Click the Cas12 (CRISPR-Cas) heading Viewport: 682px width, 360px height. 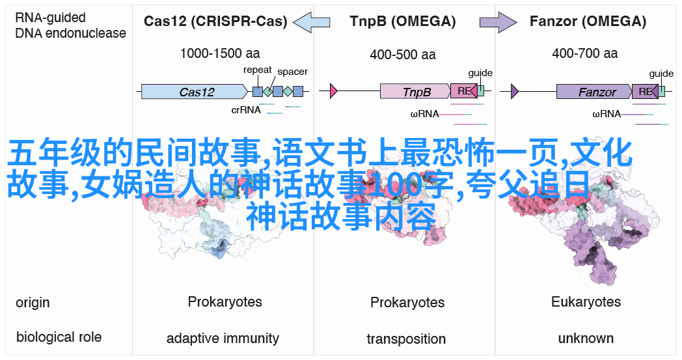coord(215,21)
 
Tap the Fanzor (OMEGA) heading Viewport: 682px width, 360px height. coord(588,21)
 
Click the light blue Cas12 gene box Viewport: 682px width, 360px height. coord(193,92)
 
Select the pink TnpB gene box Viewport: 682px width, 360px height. coord(415,92)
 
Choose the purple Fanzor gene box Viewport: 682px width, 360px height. coord(593,92)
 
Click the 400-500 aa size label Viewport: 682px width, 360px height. coord(402,55)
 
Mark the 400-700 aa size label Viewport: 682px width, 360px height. coord(584,55)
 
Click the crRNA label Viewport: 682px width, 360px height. coord(246,110)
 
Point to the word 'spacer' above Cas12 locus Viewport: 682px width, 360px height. coord(292,72)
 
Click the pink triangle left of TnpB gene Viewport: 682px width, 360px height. coord(334,92)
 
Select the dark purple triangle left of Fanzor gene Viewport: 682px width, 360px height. coord(515,92)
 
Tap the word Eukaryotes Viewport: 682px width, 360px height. coord(586,302)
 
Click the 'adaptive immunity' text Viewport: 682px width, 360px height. coord(223,339)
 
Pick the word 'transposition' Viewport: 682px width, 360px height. coord(406,339)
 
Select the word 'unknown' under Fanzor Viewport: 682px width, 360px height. coord(586,339)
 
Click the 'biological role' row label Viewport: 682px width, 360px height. coord(59,337)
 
